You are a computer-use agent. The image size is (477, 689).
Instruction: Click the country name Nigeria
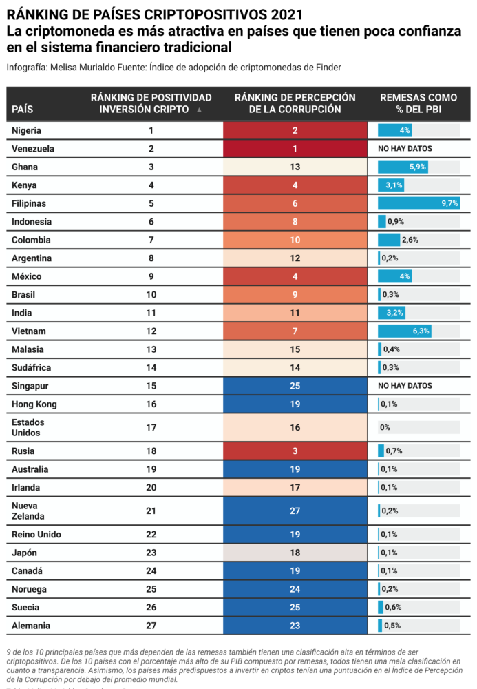27,130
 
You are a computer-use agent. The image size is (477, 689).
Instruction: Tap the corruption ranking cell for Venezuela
295,149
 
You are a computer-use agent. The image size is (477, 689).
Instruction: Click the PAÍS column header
23,109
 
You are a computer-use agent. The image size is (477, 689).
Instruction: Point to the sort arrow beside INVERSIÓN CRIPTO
200,110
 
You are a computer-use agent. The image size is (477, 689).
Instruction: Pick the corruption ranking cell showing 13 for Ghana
295,167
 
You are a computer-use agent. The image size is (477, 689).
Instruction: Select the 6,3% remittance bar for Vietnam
405,331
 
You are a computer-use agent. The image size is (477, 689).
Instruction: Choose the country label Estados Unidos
28,427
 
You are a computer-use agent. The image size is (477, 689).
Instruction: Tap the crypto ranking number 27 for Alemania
151,626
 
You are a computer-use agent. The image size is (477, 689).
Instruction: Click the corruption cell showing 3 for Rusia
295,451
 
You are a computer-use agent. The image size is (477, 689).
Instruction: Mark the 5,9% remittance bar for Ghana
403,167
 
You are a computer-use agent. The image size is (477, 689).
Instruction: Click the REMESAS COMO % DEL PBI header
418,103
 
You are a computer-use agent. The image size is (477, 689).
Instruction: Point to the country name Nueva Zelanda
28,511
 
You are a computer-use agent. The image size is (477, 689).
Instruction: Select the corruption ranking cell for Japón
295,553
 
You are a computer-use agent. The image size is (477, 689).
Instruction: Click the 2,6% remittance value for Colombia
410,240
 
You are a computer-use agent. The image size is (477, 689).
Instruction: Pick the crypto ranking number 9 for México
151,276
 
